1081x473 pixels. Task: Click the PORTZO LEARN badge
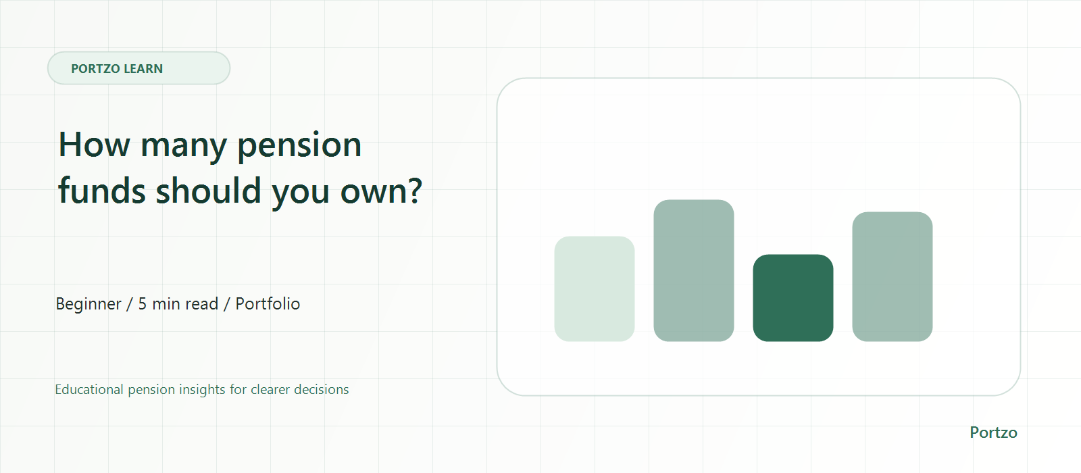tap(139, 68)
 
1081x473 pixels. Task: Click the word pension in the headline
tap(299, 145)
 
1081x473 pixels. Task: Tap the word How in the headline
tap(94, 145)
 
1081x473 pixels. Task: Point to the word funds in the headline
tap(102, 190)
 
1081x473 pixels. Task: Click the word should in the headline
tap(209, 190)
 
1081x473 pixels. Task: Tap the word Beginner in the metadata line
tap(89, 305)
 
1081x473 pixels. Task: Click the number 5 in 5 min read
tap(143, 304)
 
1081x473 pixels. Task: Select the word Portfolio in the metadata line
tap(268, 303)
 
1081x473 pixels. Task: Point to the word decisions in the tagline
tap(321, 389)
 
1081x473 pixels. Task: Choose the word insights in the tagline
tap(202, 390)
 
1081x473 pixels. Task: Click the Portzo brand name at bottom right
tap(993, 432)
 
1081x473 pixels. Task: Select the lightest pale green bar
tap(594, 289)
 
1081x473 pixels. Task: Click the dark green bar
tap(793, 298)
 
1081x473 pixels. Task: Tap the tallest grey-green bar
tap(693, 270)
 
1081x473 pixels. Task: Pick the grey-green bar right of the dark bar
tap(893, 276)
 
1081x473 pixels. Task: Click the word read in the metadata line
tap(202, 304)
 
